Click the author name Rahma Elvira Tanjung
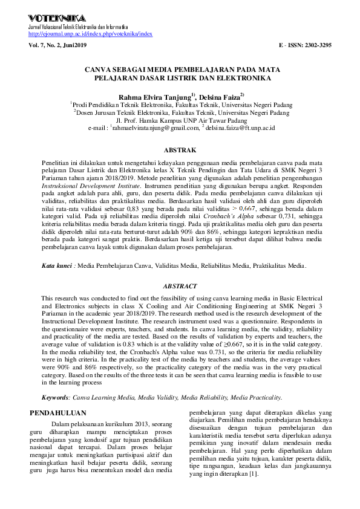tap(154, 96)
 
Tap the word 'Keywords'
tap(55, 397)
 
